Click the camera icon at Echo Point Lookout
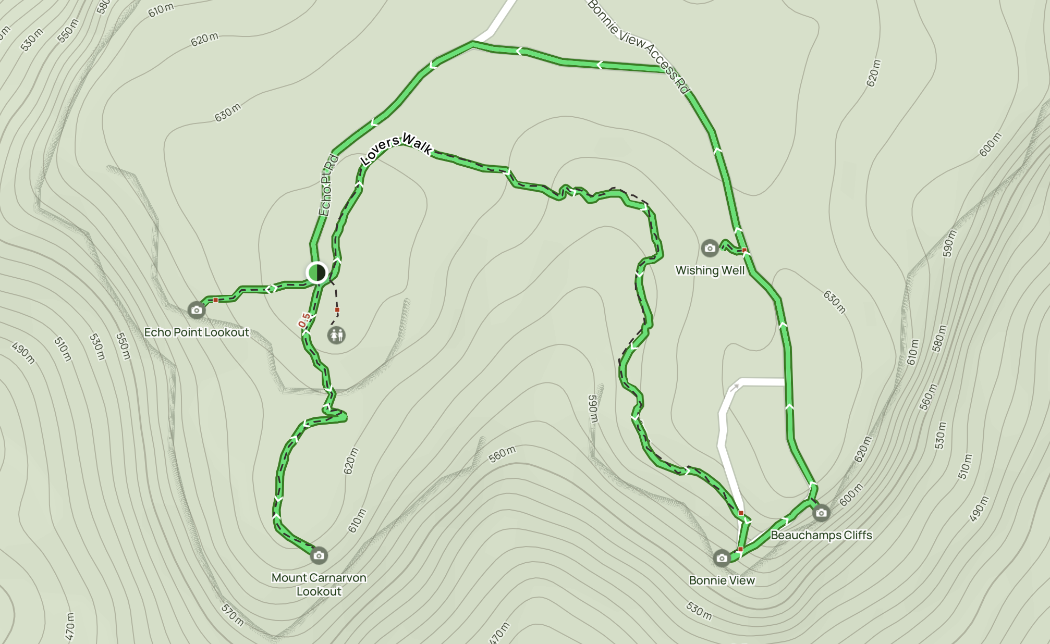click(196, 310)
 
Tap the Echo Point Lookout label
click(197, 332)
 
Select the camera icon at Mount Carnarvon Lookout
click(319, 555)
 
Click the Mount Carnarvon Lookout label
click(319, 585)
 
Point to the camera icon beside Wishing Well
click(710, 248)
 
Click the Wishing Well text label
click(710, 270)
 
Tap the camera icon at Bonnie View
click(722, 558)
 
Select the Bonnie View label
click(722, 580)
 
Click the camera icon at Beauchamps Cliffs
click(821, 513)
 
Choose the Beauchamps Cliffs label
click(821, 535)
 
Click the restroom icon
click(336, 335)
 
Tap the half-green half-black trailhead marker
click(316, 272)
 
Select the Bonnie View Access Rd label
click(638, 46)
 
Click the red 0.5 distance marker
click(304, 320)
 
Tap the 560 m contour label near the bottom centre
click(502, 454)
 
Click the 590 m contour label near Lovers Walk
click(593, 408)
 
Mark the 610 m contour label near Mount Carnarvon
click(357, 521)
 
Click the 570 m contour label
click(232, 615)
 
